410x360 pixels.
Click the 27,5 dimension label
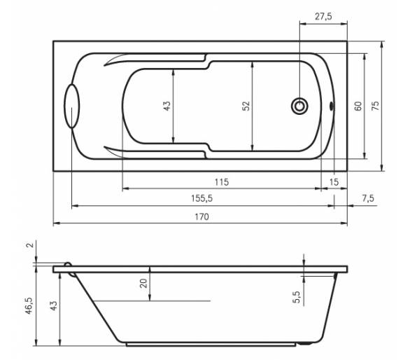(x=323, y=17)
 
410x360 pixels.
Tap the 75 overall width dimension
(x=375, y=106)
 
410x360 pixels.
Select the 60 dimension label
(x=358, y=106)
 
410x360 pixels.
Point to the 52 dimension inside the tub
(x=246, y=106)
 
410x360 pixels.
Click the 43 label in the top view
(x=167, y=106)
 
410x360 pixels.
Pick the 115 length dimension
(x=222, y=181)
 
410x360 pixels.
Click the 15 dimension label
(x=334, y=181)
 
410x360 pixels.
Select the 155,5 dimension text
(x=202, y=198)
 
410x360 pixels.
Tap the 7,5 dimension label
(x=368, y=198)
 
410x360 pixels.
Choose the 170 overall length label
(x=202, y=217)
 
